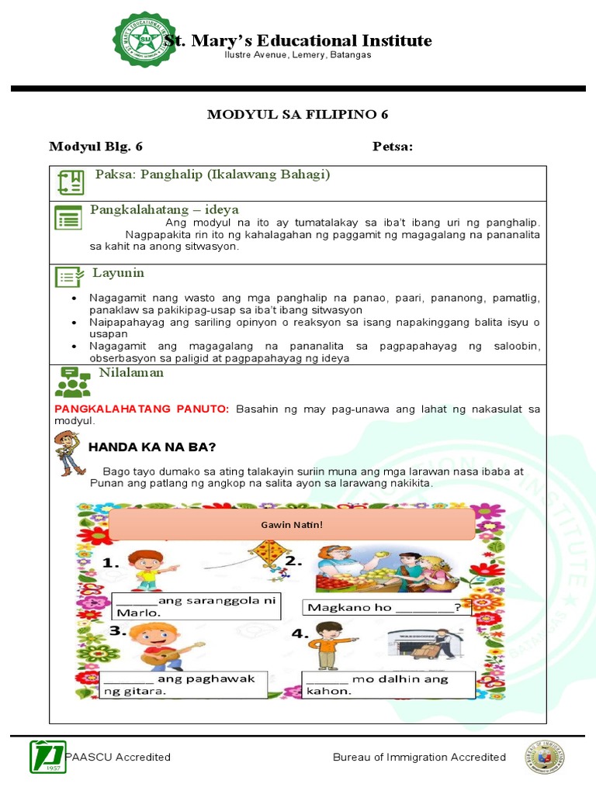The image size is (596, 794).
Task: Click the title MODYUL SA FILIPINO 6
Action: click(x=297, y=115)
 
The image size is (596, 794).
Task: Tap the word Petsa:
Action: click(x=393, y=147)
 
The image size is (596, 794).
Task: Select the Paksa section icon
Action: click(x=71, y=183)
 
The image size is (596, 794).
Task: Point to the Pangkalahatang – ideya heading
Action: click(x=165, y=209)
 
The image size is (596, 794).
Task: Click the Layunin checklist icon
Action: click(x=69, y=277)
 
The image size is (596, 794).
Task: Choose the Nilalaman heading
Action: click(x=131, y=373)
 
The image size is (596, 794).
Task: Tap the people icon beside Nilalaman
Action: click(x=72, y=381)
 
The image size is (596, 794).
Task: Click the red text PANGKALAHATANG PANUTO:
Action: click(x=142, y=409)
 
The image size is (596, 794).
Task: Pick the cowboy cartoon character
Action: click(x=68, y=452)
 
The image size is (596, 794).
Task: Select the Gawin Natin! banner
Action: click(x=292, y=525)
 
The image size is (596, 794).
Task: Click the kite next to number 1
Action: click(x=264, y=561)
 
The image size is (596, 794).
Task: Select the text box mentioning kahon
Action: click(x=386, y=685)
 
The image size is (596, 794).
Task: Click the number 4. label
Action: click(x=300, y=634)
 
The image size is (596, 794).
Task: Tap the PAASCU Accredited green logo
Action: click(x=47, y=757)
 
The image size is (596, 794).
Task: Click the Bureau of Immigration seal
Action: click(x=544, y=757)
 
